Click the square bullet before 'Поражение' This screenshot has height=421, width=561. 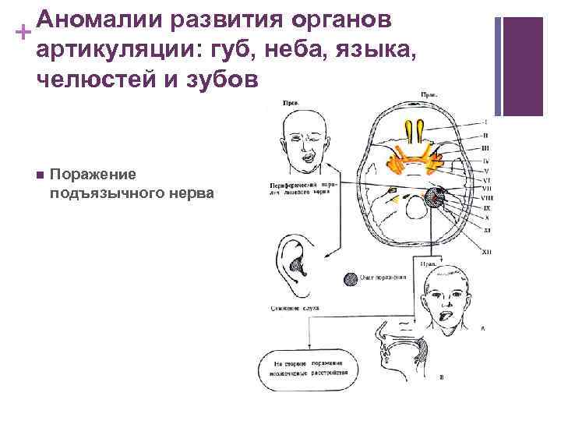(x=37, y=174)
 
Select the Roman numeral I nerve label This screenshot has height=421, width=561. (x=485, y=122)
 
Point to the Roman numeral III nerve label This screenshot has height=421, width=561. (x=485, y=147)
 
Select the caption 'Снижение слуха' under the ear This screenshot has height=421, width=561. (x=296, y=309)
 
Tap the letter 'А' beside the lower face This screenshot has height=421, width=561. (x=483, y=329)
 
